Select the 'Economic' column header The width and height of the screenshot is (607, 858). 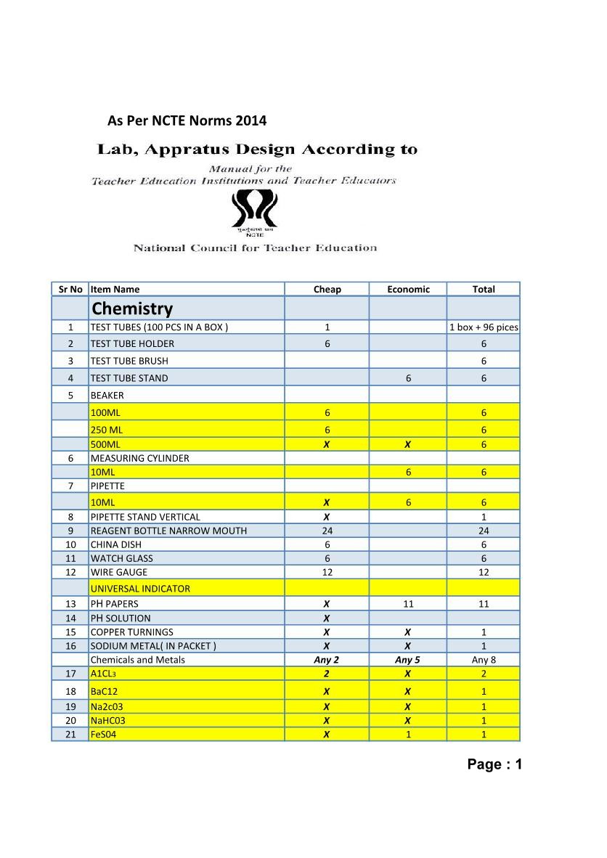[408, 289]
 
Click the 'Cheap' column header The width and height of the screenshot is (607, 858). [327, 289]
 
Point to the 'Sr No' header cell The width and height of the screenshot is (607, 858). [70, 289]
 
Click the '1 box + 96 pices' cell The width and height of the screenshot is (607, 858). [484, 327]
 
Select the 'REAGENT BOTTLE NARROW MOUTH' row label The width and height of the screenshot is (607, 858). [168, 531]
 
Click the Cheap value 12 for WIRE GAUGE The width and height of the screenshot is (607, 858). [327, 572]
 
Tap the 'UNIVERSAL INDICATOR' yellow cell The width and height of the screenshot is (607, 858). [140, 589]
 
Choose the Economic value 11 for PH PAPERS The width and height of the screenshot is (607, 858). [408, 604]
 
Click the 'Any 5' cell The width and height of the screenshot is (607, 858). [408, 660]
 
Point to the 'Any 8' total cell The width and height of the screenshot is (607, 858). [484, 660]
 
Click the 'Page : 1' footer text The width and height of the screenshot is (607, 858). [494, 764]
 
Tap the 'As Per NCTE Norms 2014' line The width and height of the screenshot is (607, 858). [187, 120]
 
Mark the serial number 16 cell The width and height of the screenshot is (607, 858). [70, 646]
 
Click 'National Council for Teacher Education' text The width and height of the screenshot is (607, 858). [255, 248]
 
